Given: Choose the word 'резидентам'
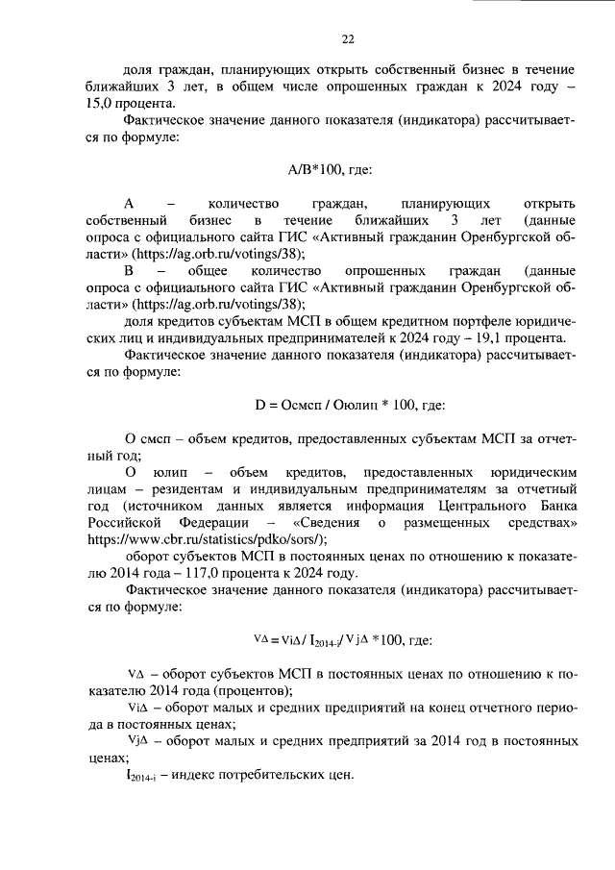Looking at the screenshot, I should click(x=173, y=488).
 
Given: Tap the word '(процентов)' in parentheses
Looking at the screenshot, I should click(x=255, y=690).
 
